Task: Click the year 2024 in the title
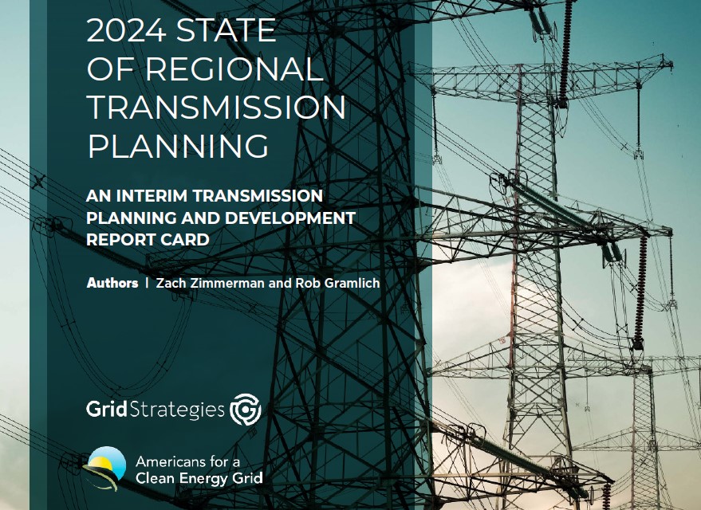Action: click(127, 30)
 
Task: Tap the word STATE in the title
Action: click(226, 30)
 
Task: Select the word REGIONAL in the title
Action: click(234, 69)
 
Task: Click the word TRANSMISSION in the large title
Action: click(216, 108)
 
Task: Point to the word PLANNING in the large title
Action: click(179, 146)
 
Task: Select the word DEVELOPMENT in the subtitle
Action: click(290, 218)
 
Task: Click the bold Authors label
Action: click(112, 283)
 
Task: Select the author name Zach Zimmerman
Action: click(210, 283)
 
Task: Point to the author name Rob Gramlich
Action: click(337, 283)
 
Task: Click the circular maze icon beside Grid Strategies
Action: click(246, 409)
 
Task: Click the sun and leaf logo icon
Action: click(105, 468)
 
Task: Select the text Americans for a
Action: click(187, 461)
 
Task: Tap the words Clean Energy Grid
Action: click(199, 478)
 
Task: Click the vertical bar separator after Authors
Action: click(147, 283)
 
